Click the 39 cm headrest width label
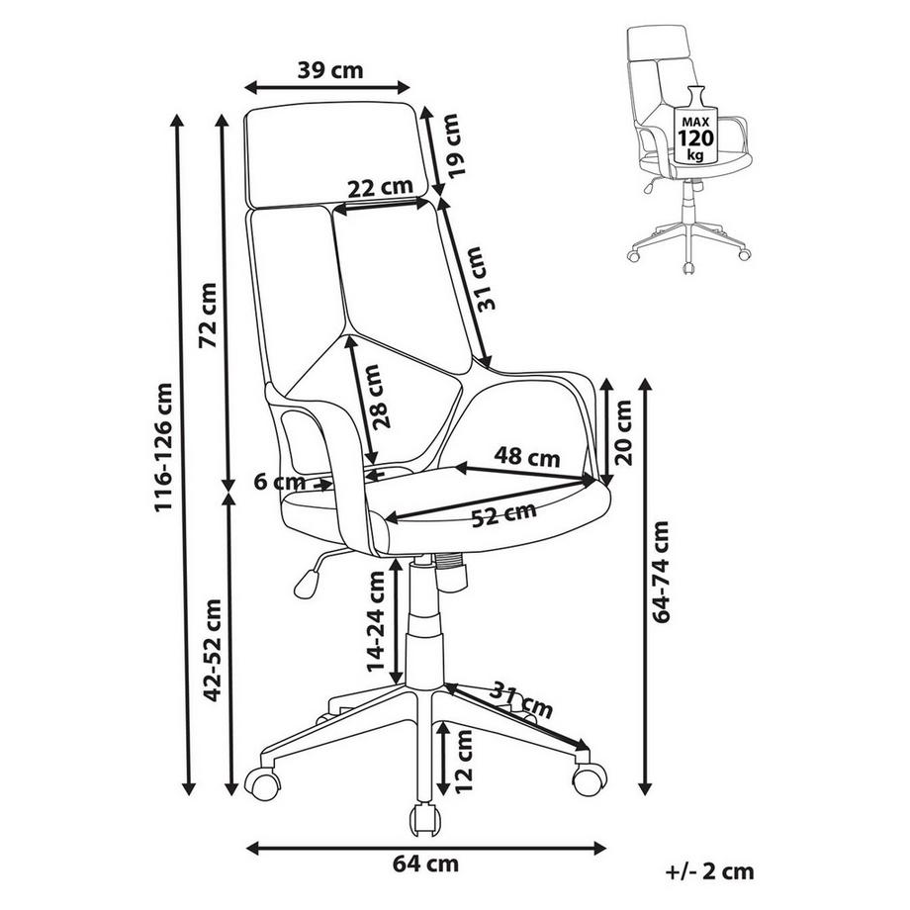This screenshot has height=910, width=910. pyautogui.click(x=330, y=70)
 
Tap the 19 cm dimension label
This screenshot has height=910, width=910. pyautogui.click(x=452, y=146)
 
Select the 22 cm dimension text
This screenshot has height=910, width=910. pyautogui.click(x=381, y=187)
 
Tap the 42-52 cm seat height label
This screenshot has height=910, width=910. pyautogui.click(x=209, y=648)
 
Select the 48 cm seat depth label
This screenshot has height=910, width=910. pyautogui.click(x=527, y=458)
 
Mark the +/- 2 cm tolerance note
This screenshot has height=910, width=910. pyautogui.click(x=710, y=870)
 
